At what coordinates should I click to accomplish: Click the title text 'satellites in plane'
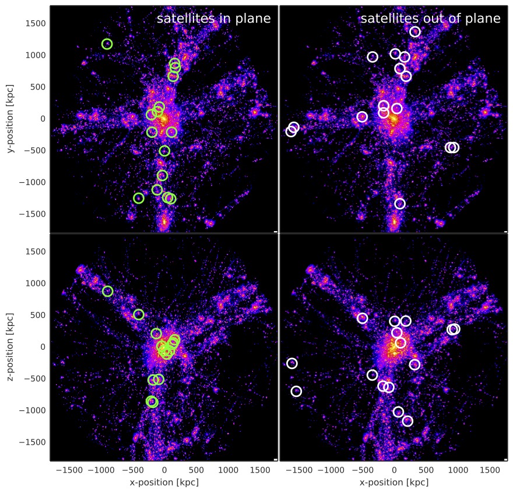point(213,19)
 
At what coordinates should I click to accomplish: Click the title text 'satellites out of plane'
point(430,19)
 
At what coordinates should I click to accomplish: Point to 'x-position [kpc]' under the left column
point(164,483)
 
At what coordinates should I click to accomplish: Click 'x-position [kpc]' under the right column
point(394,483)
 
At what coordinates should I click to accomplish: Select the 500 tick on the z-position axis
point(39,315)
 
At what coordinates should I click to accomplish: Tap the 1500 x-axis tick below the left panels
point(259,470)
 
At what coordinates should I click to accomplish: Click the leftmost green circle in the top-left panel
point(107,44)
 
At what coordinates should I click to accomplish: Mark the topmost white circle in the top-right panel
point(415,31)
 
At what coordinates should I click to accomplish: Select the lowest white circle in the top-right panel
point(400,204)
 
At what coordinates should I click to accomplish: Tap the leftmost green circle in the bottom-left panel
point(108,291)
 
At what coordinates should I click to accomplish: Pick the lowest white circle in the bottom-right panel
point(407,421)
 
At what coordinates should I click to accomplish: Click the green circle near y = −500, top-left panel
point(164,151)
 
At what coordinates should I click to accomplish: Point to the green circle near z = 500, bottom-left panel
point(139,314)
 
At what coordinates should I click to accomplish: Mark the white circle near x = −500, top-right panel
point(362,117)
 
